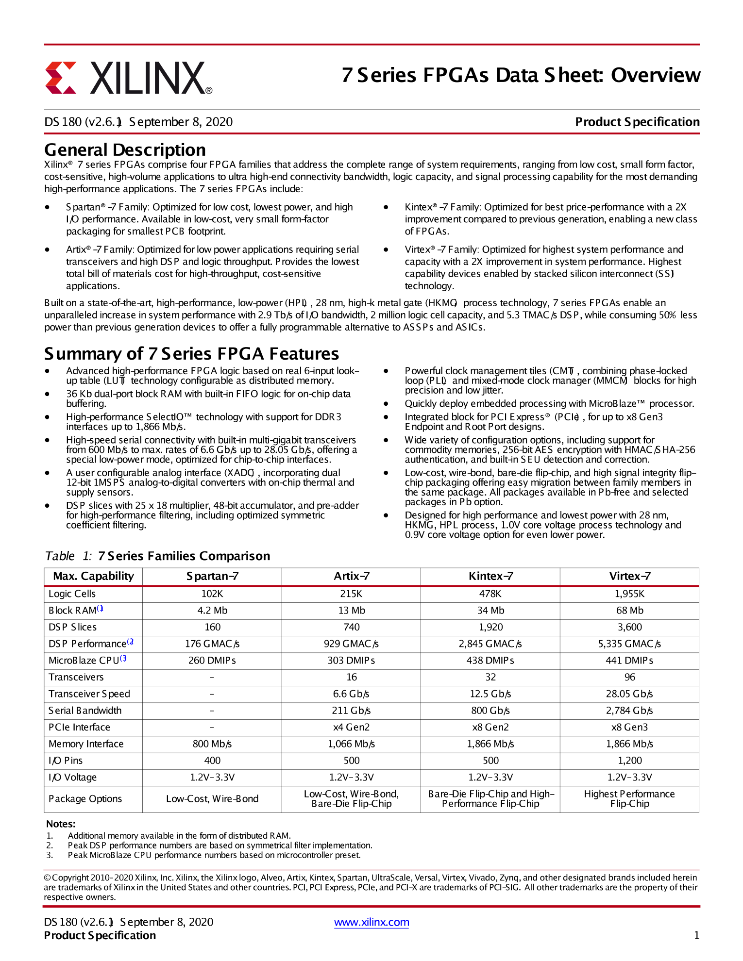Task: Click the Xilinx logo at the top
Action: (x=129, y=78)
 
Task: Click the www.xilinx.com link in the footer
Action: (x=371, y=922)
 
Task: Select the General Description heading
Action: (x=125, y=150)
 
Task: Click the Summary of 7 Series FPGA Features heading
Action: (x=191, y=354)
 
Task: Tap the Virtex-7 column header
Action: (x=629, y=576)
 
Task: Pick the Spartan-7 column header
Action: (x=212, y=576)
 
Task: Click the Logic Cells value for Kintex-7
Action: (x=490, y=594)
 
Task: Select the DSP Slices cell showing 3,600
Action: (x=629, y=627)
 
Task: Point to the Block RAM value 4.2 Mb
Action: (x=212, y=611)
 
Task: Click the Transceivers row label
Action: (x=76, y=677)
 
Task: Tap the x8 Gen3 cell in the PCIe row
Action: (x=629, y=727)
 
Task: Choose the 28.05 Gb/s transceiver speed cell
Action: (x=629, y=694)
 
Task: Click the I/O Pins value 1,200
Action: (x=629, y=761)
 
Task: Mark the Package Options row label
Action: (x=85, y=799)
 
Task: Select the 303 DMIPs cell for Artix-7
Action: (x=351, y=661)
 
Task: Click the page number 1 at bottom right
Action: (x=696, y=935)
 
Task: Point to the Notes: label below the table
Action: (x=61, y=824)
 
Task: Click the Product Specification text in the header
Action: (x=637, y=122)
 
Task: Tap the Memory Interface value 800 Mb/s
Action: (x=212, y=744)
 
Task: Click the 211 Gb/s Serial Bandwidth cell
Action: (x=351, y=711)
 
